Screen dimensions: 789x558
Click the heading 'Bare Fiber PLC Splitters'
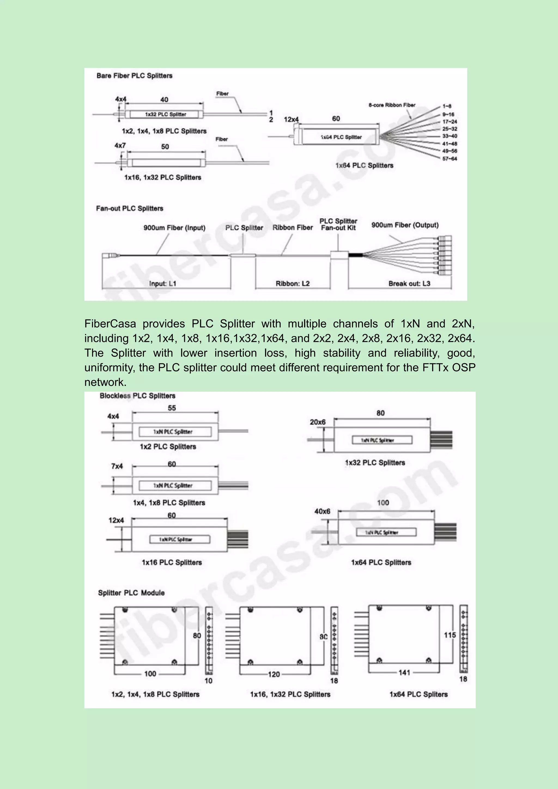tap(134, 75)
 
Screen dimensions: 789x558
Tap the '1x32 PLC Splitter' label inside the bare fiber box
tap(166, 114)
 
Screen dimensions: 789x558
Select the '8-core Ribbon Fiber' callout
tap(392, 105)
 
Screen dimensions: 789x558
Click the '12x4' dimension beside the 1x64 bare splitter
tap(291, 119)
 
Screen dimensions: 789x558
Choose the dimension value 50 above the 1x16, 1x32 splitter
tap(165, 147)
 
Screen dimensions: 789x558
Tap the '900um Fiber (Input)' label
tap(174, 228)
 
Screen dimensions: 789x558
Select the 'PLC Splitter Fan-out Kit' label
tap(338, 224)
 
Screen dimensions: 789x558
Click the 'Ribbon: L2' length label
tap(293, 284)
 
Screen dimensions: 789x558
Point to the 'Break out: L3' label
tap(409, 284)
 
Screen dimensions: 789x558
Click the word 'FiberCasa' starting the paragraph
tap(110, 324)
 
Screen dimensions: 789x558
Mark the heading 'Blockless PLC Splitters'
tap(137, 396)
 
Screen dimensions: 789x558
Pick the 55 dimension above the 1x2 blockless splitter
tap(172, 408)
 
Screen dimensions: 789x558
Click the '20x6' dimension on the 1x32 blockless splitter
tap(317, 422)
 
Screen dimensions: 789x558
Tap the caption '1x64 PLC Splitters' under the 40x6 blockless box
tap(381, 563)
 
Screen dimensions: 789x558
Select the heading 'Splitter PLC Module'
tap(131, 593)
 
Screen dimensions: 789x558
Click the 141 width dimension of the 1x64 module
tap(404, 672)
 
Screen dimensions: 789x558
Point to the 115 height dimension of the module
tap(450, 635)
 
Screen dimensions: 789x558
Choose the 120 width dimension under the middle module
tap(274, 674)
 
